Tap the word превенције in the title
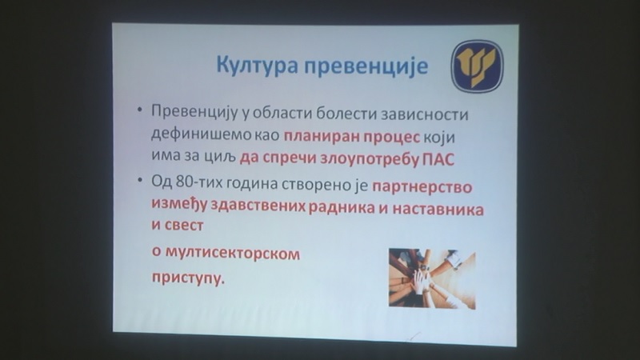tap(366, 66)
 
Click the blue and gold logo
tap(477, 66)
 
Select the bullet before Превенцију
tap(140, 110)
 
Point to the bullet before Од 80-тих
tap(140, 180)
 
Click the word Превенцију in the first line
tap(194, 113)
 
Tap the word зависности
tap(425, 114)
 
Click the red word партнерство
tap(422, 187)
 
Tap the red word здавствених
tap(258, 206)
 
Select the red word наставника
tap(438, 209)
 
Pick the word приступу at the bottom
tap(188, 278)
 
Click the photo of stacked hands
tap(432, 278)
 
